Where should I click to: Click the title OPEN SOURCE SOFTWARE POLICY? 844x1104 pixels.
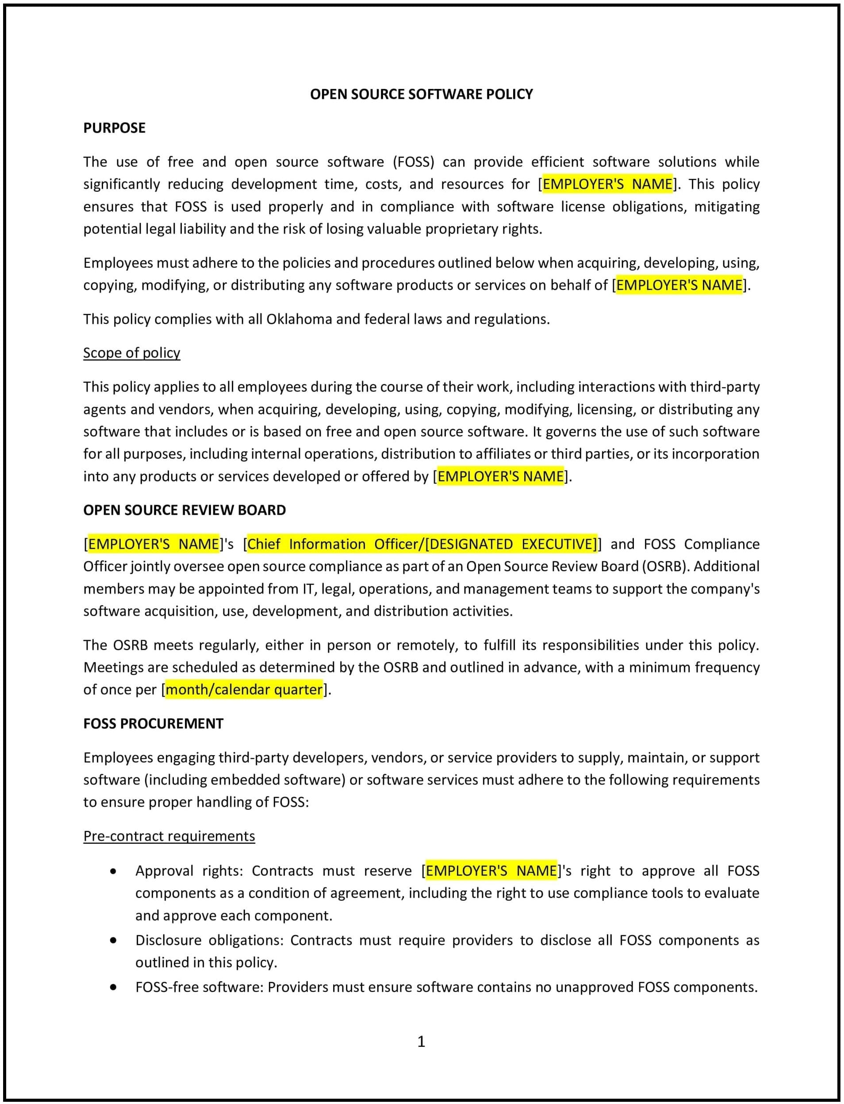pos(421,94)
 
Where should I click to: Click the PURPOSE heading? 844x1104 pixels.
pos(114,127)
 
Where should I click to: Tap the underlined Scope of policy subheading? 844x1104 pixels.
pos(132,352)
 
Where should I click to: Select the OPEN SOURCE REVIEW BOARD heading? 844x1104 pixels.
pos(184,510)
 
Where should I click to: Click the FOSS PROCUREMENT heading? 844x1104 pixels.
pos(153,723)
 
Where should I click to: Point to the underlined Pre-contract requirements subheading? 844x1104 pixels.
pos(169,836)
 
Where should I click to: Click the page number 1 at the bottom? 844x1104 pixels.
pos(421,1041)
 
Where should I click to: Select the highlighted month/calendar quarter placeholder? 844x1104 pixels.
pos(244,689)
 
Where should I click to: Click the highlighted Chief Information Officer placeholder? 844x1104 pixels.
pos(422,544)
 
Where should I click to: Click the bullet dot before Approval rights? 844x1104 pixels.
pos(114,871)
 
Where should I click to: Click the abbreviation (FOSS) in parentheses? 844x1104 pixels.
pos(414,162)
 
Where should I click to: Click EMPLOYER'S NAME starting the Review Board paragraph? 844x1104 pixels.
pos(154,544)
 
